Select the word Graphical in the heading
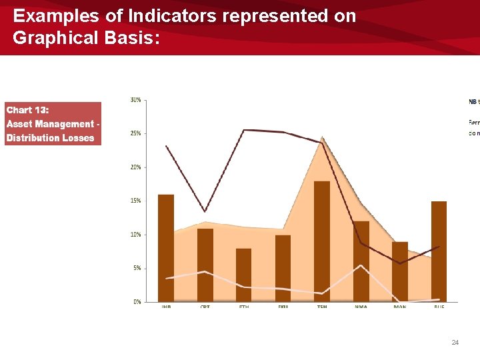pyautogui.click(x=55, y=38)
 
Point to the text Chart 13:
pyautogui.click(x=27, y=110)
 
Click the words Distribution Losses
pyautogui.click(x=50, y=138)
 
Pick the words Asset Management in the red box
pyautogui.click(x=50, y=124)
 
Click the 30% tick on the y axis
pyautogui.click(x=135, y=100)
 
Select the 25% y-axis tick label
pyautogui.click(x=135, y=133)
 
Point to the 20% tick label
pyautogui.click(x=135, y=167)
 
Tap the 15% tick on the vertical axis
pyautogui.click(x=135, y=201)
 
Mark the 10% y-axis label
pyautogui.click(x=135, y=235)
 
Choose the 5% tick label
pyautogui.click(x=136, y=268)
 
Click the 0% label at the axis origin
pyautogui.click(x=137, y=302)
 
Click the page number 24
pyautogui.click(x=455, y=342)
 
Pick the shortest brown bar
pyautogui.click(x=244, y=275)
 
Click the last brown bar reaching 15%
pyautogui.click(x=439, y=251)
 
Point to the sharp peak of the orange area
pyautogui.click(x=323, y=139)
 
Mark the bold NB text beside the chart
pyautogui.click(x=473, y=102)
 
